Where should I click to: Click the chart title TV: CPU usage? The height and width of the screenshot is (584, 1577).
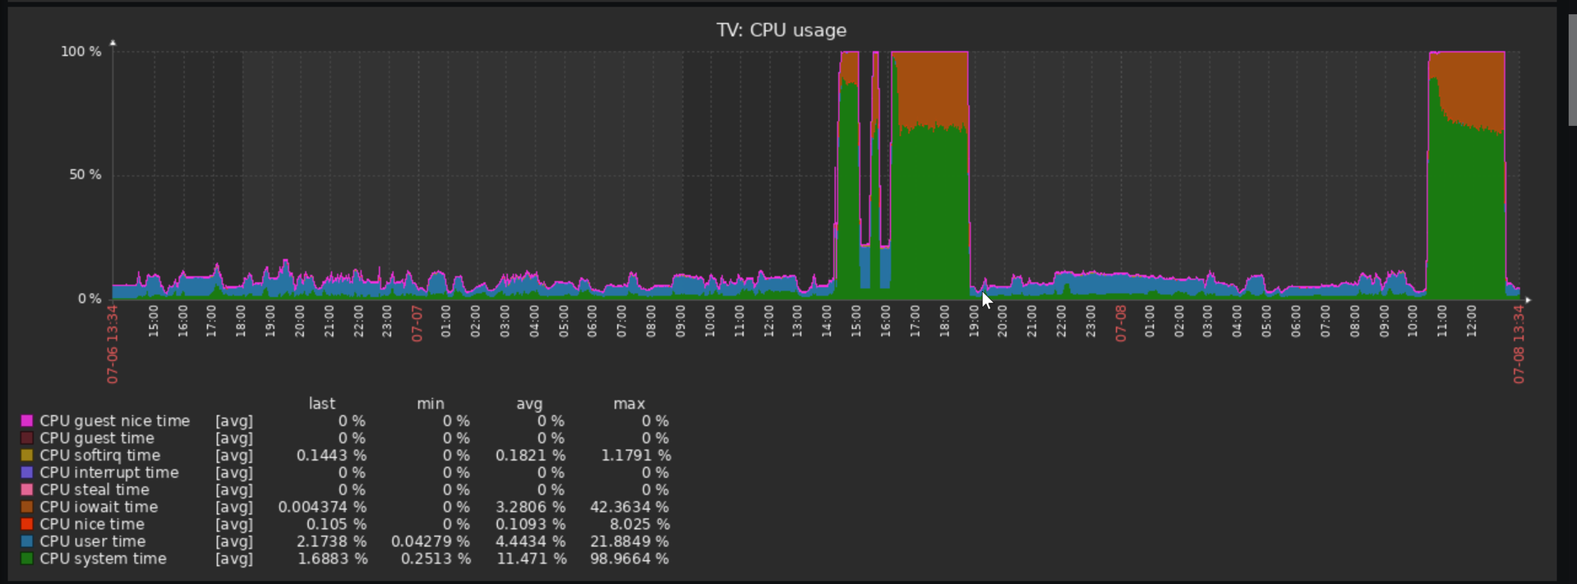click(x=781, y=30)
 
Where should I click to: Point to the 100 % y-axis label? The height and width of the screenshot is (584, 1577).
click(x=81, y=52)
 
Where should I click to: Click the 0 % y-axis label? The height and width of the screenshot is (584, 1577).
click(x=90, y=299)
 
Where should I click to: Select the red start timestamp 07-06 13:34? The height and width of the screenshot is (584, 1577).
click(x=113, y=344)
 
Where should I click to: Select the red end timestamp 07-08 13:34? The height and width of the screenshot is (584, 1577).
click(x=1519, y=344)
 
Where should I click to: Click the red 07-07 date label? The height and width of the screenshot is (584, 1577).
click(x=417, y=323)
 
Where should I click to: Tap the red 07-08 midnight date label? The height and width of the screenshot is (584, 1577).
click(x=1120, y=323)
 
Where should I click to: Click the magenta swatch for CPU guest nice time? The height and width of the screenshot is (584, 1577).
click(x=27, y=421)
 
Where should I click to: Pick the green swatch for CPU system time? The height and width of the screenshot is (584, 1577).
click(x=27, y=559)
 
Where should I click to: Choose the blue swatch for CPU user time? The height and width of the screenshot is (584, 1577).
click(x=27, y=542)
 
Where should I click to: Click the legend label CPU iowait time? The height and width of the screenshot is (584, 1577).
click(x=99, y=508)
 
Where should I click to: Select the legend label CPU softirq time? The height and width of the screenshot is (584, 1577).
click(x=99, y=456)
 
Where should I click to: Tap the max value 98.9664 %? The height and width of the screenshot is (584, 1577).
click(x=629, y=559)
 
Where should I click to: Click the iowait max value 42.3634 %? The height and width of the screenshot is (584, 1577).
click(x=629, y=508)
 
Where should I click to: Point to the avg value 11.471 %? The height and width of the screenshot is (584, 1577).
click(x=532, y=559)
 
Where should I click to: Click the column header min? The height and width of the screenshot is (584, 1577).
click(x=430, y=404)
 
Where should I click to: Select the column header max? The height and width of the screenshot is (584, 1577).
click(x=629, y=404)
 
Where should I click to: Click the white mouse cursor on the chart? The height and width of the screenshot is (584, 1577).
click(x=987, y=299)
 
